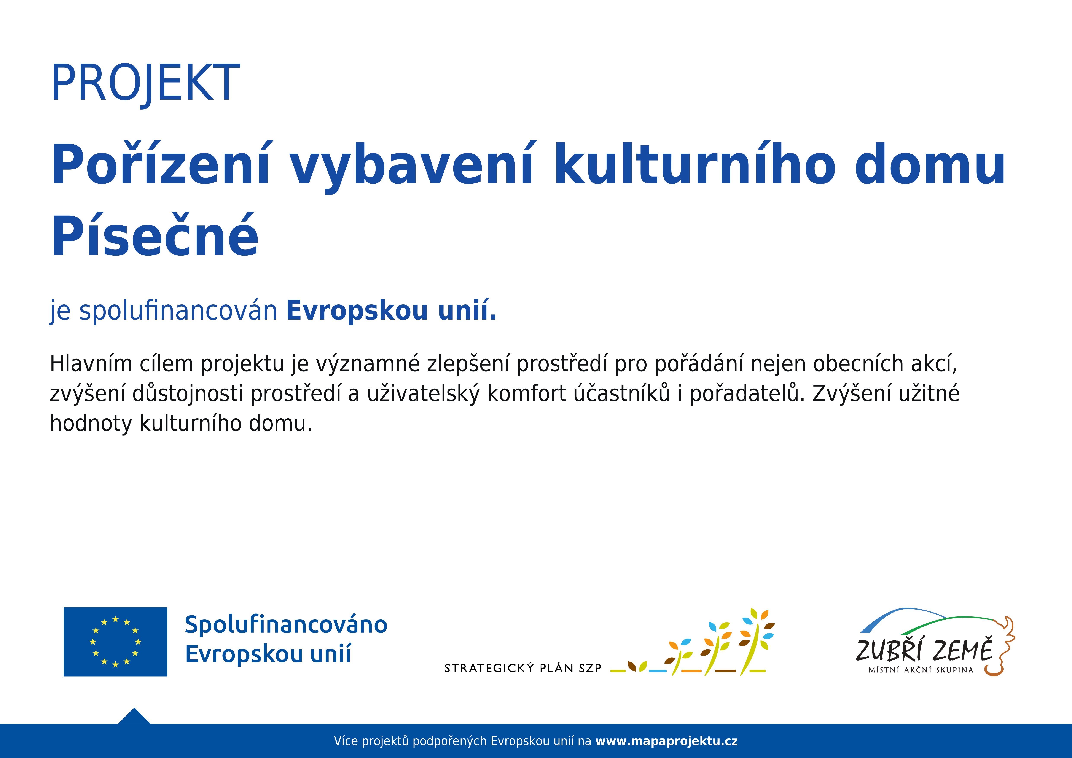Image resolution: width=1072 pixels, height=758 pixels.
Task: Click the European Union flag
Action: point(115,642)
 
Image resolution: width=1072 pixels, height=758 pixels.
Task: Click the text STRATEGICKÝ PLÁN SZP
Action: point(523,668)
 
